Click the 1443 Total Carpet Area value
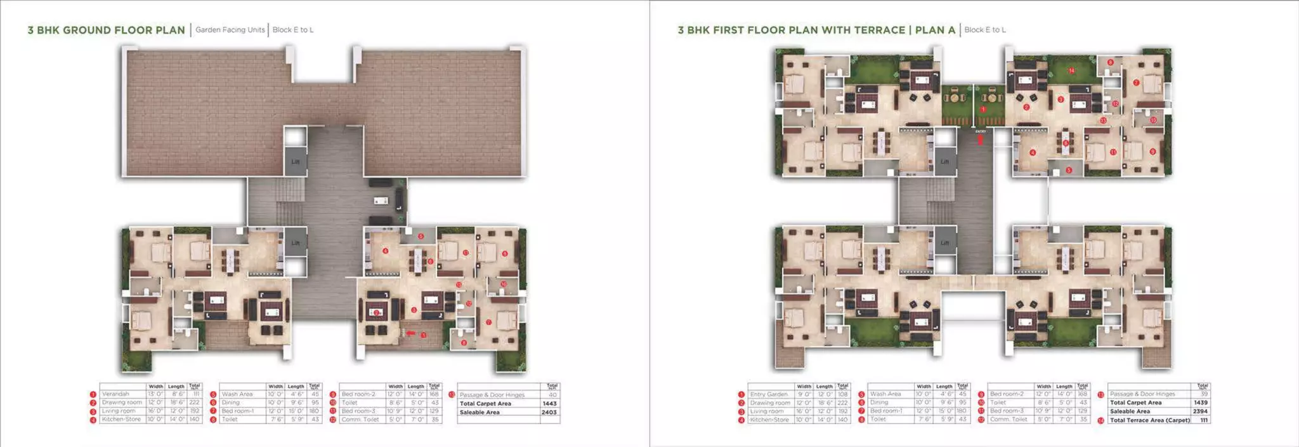[x=549, y=403]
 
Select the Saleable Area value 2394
[x=1200, y=411]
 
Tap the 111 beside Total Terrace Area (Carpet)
[x=1204, y=420]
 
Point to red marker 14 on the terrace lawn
[x=1071, y=70]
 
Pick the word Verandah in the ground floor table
[x=115, y=394]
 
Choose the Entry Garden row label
[x=769, y=394]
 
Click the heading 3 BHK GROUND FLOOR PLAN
[x=106, y=30]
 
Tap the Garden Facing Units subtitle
[x=230, y=30]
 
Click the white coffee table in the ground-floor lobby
[x=381, y=201]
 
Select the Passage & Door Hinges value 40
[x=552, y=395]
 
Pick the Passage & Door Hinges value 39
[x=1204, y=394]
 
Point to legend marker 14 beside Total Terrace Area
[x=1101, y=420]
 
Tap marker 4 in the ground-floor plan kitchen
[x=386, y=251]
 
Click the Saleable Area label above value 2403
[x=480, y=412]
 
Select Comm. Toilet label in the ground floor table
[x=360, y=419]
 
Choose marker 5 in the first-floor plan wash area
[x=1069, y=170]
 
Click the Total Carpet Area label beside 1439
[x=1136, y=403]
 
